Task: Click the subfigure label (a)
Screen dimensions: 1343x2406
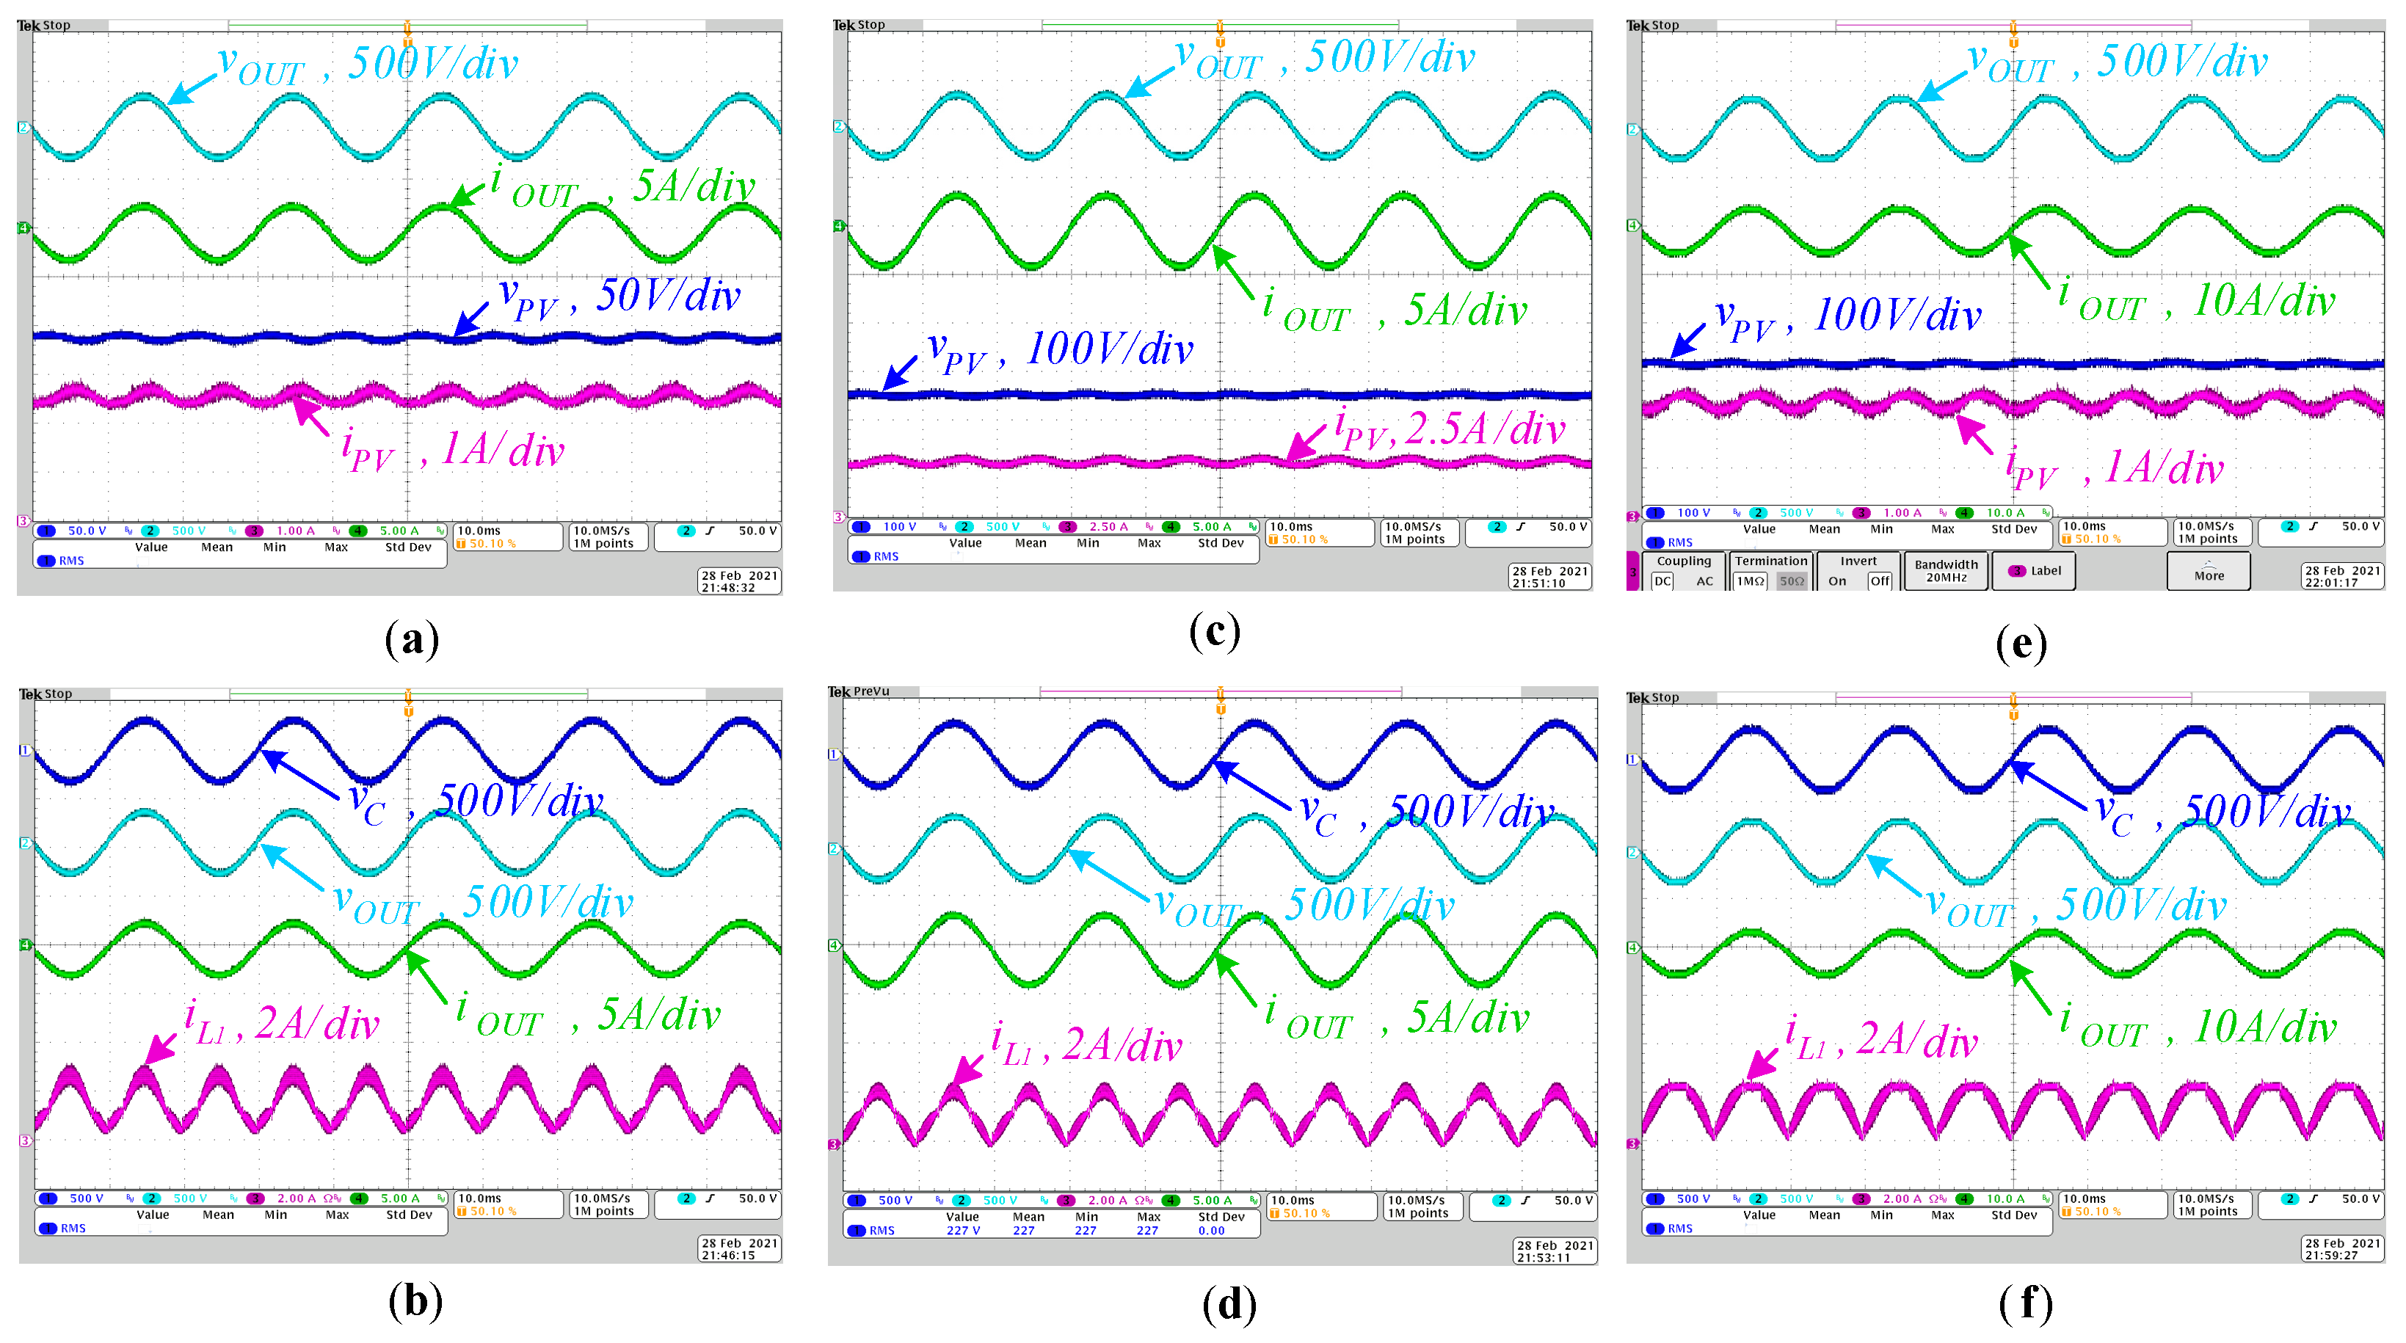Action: click(x=412, y=640)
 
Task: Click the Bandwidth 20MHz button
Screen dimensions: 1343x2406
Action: click(x=1946, y=571)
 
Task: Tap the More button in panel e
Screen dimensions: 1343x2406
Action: click(x=2208, y=572)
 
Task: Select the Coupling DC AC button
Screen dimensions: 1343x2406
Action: click(x=1683, y=571)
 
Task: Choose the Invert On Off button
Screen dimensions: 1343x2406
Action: click(x=1858, y=571)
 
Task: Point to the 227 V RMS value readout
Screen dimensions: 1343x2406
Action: click(x=963, y=1231)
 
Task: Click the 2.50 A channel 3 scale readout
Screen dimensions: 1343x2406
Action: click(x=1108, y=527)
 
